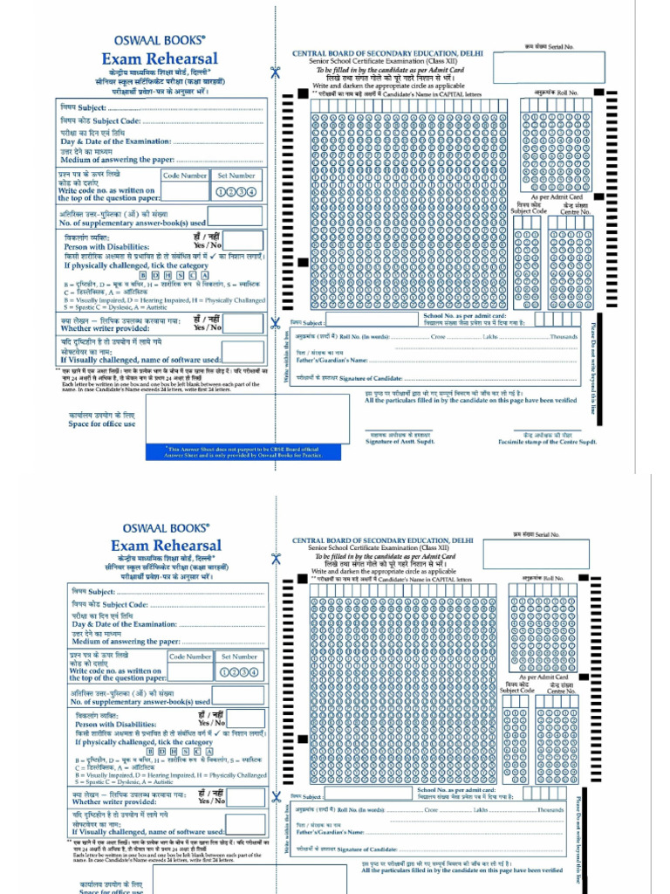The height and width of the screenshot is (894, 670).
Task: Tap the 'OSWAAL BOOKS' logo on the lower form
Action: [160, 527]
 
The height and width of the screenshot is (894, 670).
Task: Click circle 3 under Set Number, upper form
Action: [243, 191]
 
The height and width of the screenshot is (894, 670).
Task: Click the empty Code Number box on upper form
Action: [185, 191]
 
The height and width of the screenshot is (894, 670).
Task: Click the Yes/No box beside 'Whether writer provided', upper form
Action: [243, 325]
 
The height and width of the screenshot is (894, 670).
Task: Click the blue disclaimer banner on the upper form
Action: [243, 451]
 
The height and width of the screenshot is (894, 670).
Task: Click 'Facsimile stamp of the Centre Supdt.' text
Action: [547, 443]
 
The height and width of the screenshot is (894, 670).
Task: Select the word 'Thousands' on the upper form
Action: [564, 336]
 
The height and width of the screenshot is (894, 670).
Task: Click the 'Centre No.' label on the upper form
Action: [575, 211]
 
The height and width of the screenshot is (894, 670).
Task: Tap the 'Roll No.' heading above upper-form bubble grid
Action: [562, 93]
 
